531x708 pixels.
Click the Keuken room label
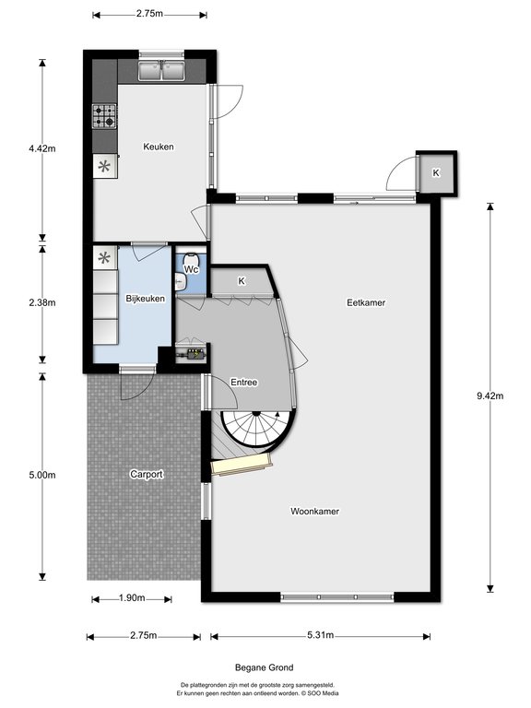158,147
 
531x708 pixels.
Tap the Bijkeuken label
145,299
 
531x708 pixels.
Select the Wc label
192,269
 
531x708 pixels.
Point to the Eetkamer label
366,302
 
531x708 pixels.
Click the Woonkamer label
314,511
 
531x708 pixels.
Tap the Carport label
147,474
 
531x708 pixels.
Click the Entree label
243,383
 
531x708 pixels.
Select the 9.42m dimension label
490,396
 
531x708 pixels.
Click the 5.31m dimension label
321,635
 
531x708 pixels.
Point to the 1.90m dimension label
132,598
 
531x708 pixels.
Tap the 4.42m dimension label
42,148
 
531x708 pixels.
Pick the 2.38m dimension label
42,302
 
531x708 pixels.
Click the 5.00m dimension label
42,475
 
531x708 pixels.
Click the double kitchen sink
162,70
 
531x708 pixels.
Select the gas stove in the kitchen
104,116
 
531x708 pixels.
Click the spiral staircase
257,429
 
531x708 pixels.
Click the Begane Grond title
265,667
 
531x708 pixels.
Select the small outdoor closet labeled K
436,173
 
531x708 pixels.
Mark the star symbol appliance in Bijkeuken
105,258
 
